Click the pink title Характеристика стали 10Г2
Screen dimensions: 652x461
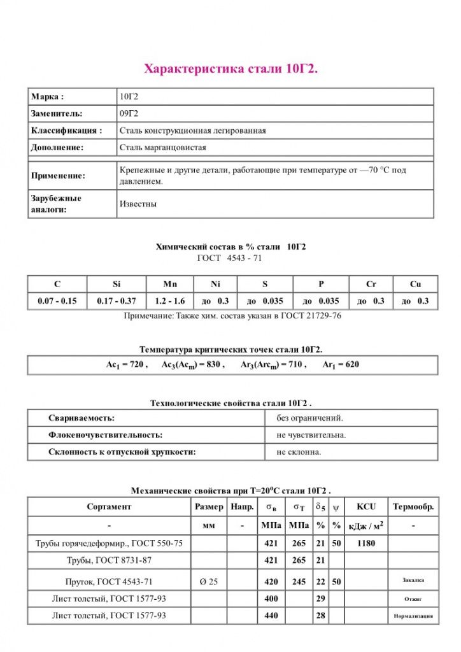coord(230,69)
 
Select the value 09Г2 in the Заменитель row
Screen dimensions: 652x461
coord(129,113)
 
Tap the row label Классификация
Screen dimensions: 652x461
coord(66,131)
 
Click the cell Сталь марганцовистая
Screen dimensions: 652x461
coord(162,147)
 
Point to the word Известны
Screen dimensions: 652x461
coord(138,204)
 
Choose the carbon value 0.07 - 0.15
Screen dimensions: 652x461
coord(57,301)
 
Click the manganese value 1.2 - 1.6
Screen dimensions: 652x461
coord(169,301)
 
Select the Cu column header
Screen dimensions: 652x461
coord(415,284)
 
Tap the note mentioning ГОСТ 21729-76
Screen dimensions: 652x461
coord(232,316)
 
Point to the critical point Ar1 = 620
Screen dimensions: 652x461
coord(344,365)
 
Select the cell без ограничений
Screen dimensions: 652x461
coord(309,418)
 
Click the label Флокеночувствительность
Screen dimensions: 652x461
coord(105,435)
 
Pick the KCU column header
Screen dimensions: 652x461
coord(366,507)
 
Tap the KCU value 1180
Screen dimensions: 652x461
coord(366,543)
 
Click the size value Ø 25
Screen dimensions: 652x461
coord(209,581)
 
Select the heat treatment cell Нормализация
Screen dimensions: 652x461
coord(413,616)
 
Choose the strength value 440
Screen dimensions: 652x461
coord(271,616)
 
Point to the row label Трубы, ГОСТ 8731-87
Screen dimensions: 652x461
coord(109,560)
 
